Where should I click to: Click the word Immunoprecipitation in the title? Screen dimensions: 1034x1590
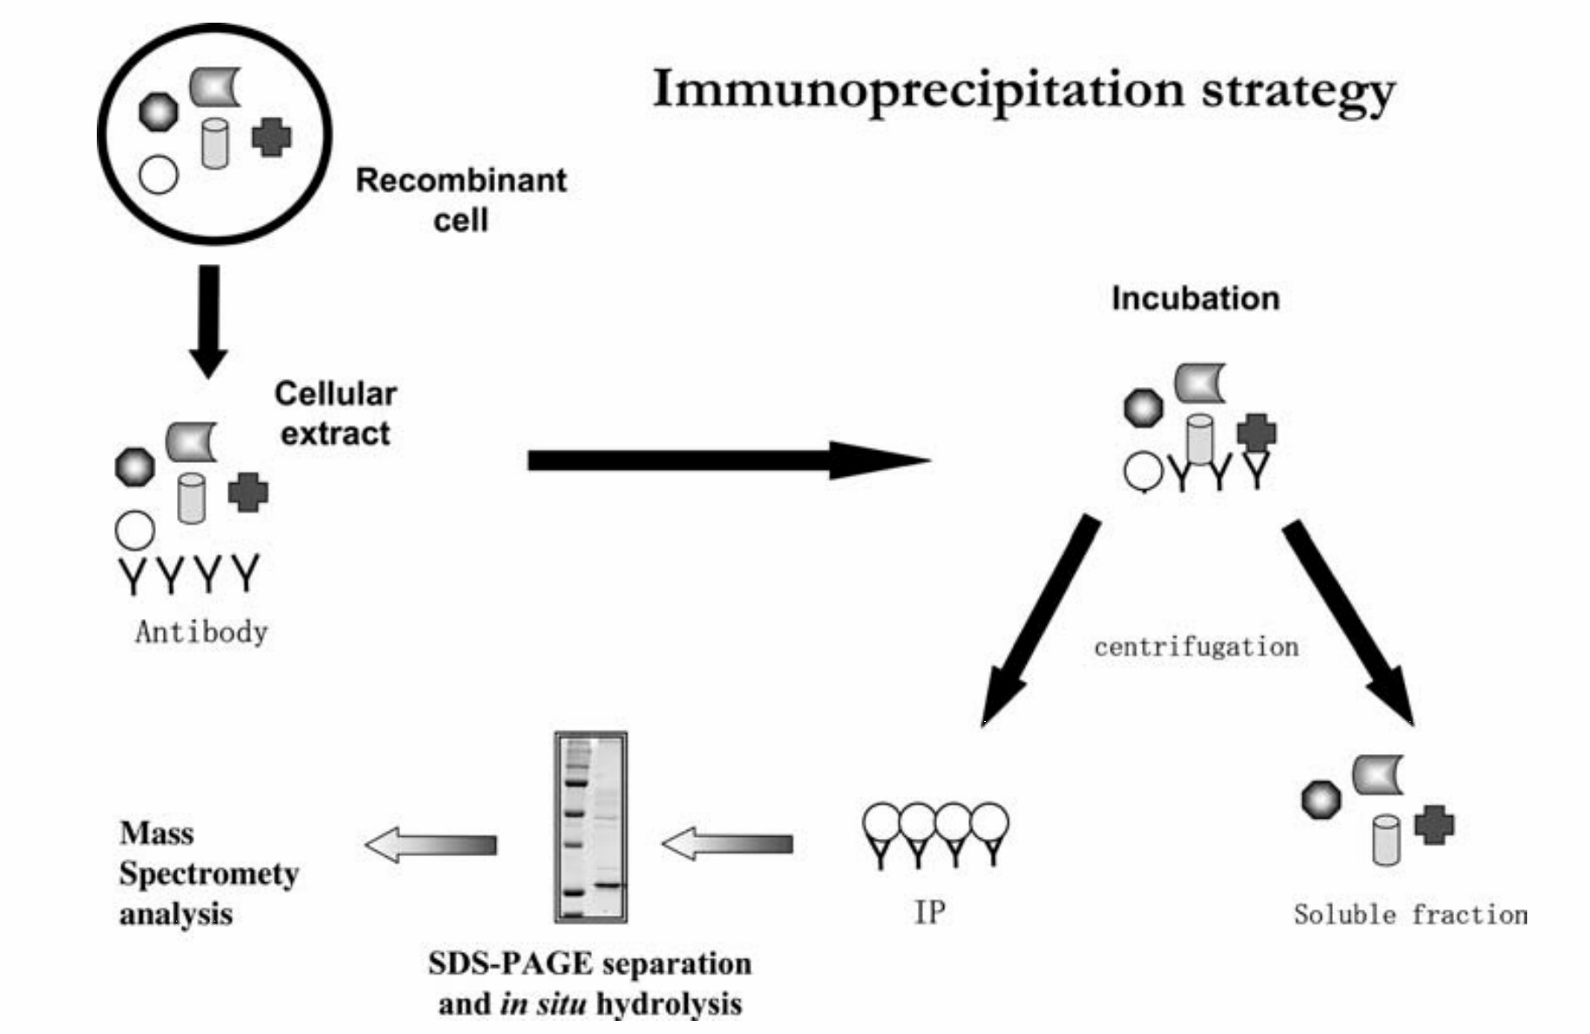(x=919, y=91)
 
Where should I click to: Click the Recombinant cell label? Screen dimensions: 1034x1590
(x=461, y=199)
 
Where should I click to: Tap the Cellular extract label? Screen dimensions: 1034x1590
(x=336, y=413)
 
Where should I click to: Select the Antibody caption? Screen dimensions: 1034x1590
(x=201, y=632)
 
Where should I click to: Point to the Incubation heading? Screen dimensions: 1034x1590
(x=1195, y=299)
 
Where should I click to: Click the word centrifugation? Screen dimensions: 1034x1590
(x=1196, y=647)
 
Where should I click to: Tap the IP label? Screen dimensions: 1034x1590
(x=929, y=912)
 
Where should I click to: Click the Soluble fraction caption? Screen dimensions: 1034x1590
(x=1410, y=915)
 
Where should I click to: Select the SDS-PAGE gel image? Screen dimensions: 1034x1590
(x=591, y=827)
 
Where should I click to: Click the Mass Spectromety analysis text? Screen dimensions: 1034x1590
(x=207, y=874)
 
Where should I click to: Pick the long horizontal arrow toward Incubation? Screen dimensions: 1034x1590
(x=728, y=460)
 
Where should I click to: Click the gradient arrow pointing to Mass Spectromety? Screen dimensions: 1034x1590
(x=431, y=845)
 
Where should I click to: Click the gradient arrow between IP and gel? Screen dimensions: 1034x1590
(x=727, y=844)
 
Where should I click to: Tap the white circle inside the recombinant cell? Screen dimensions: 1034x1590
(x=159, y=174)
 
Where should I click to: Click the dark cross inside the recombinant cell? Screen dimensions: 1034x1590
(x=271, y=137)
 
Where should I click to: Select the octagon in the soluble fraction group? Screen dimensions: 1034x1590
(x=1322, y=799)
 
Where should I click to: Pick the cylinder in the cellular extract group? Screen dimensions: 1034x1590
(x=192, y=499)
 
